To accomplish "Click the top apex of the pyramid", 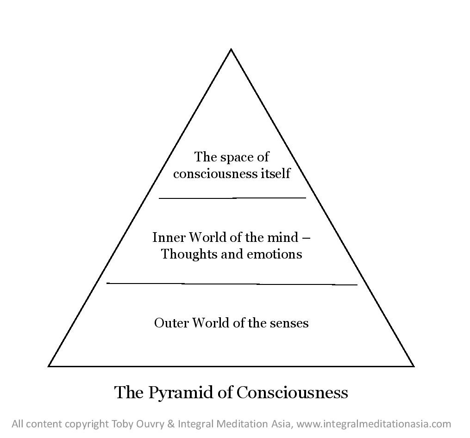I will point(231,49).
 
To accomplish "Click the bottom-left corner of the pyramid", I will point(49,366).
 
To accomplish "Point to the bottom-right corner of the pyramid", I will point(413,366).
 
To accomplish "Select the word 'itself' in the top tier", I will point(275,174).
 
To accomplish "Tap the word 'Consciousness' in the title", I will point(292,393).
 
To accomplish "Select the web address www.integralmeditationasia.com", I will point(374,424).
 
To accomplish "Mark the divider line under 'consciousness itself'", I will point(232,198).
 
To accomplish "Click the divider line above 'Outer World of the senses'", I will point(232,284).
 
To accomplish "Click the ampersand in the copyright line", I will point(170,424).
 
